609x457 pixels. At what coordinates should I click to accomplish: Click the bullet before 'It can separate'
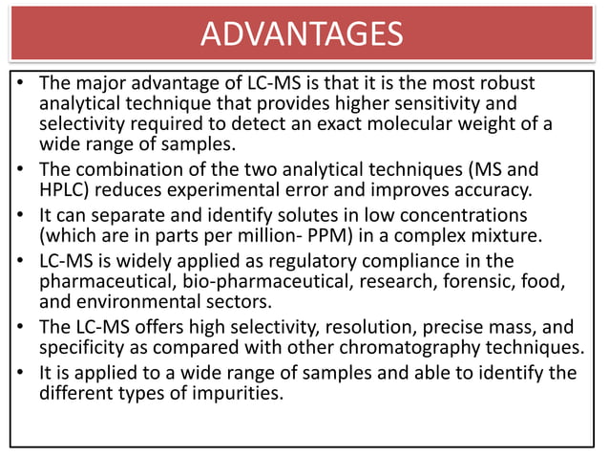pos(20,212)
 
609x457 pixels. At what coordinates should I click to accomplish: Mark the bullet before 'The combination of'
pos(20,169)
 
